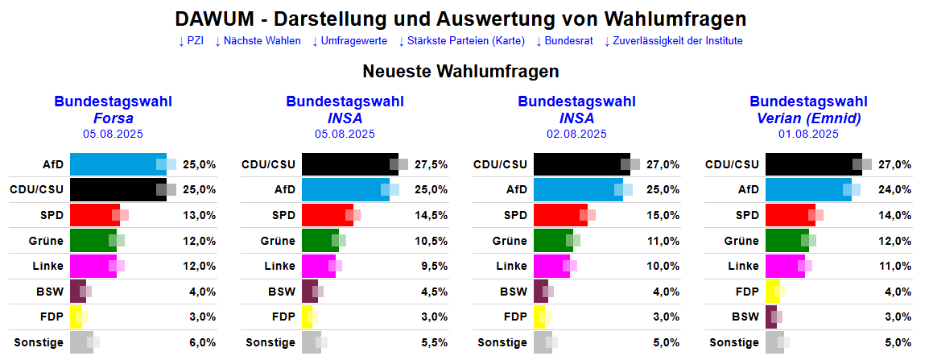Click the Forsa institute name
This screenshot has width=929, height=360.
tap(113, 118)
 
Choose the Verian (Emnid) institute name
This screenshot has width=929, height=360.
tap(808, 118)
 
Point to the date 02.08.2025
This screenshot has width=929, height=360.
tap(576, 134)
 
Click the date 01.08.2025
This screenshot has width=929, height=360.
tap(808, 134)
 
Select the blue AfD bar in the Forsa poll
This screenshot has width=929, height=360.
tap(118, 164)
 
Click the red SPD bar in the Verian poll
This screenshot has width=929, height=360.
tap(790, 215)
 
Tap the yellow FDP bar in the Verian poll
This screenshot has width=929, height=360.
tap(772, 292)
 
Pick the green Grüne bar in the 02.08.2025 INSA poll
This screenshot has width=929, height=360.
tap(553, 241)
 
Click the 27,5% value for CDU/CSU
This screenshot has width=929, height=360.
tap(431, 164)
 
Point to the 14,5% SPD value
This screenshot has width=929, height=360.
tap(431, 215)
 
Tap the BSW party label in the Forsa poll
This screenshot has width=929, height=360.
tap(50, 292)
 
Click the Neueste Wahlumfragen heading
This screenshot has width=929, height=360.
tap(460, 72)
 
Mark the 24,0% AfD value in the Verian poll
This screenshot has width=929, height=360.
tap(895, 190)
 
